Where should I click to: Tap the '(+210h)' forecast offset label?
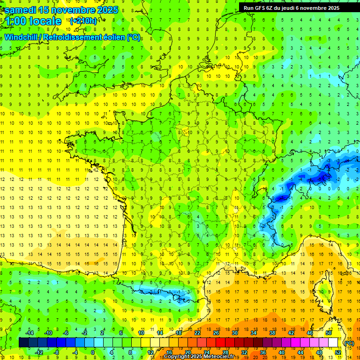click(x=83, y=21)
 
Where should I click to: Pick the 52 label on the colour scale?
click(x=338, y=352)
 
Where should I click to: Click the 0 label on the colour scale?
click(x=93, y=352)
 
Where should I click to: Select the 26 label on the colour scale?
click(x=216, y=333)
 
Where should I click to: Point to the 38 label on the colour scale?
click(x=272, y=333)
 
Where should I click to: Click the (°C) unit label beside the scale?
click(x=349, y=343)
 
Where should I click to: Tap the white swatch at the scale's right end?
click(x=333, y=343)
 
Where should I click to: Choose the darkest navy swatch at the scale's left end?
click(x=23, y=343)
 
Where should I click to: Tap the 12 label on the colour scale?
click(x=150, y=352)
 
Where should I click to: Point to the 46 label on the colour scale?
click(x=310, y=333)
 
